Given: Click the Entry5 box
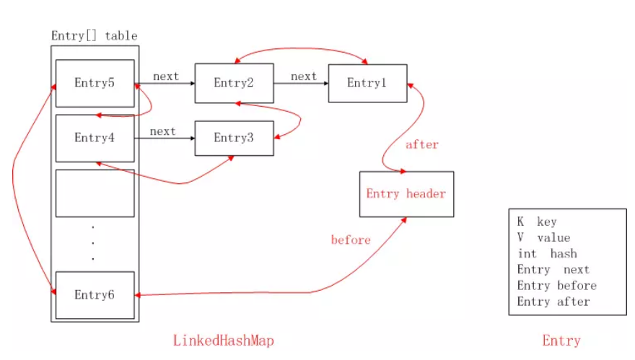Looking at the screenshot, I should [x=95, y=82].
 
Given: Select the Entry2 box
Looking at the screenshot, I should [x=234, y=83].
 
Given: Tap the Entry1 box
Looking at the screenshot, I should [x=367, y=83].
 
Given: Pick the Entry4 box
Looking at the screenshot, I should [x=95, y=137].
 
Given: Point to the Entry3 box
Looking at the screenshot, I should [x=234, y=138].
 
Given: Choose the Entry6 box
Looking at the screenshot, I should [x=95, y=294].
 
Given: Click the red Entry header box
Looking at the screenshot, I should [x=406, y=193].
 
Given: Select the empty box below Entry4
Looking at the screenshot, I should [x=95, y=193].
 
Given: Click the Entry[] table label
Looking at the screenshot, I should [x=94, y=35].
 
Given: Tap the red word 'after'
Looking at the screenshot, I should [x=422, y=144].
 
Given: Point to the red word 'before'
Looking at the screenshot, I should [x=351, y=240].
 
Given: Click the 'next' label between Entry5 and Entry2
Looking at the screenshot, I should [x=165, y=76].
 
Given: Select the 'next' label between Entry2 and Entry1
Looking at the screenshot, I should [x=303, y=76].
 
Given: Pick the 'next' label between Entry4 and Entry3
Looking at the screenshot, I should [x=162, y=131].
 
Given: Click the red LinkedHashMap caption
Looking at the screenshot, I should [x=224, y=340].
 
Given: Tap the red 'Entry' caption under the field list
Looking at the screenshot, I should [x=561, y=340].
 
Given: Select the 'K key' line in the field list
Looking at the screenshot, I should [x=537, y=222].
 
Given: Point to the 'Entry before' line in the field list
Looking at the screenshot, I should [x=556, y=286].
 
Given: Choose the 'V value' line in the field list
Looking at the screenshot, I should [x=543, y=238].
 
